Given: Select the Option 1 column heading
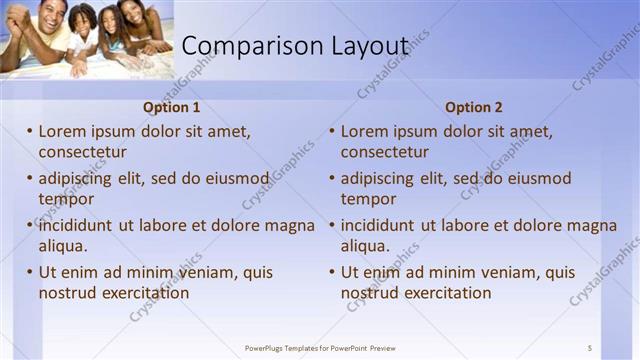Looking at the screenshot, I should click(172, 107).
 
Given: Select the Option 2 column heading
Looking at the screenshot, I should click(474, 107).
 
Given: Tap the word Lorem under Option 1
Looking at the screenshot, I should click(62, 131).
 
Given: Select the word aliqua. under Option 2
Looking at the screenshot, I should click(365, 246).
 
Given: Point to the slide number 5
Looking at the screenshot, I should click(590, 348).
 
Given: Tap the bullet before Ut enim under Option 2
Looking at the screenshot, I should click(332, 272).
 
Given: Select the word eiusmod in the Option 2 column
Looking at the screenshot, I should click(540, 179).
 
